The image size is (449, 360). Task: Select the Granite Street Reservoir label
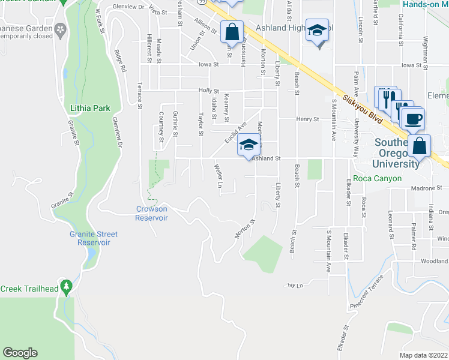click(93, 238)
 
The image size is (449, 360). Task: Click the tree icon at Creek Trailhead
click(65, 285)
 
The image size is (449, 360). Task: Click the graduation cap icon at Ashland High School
click(316, 30)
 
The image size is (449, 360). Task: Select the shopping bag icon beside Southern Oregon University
click(420, 146)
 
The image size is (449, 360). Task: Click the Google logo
click(20, 353)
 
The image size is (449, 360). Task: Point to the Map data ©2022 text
click(424, 355)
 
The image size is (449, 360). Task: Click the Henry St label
click(307, 119)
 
